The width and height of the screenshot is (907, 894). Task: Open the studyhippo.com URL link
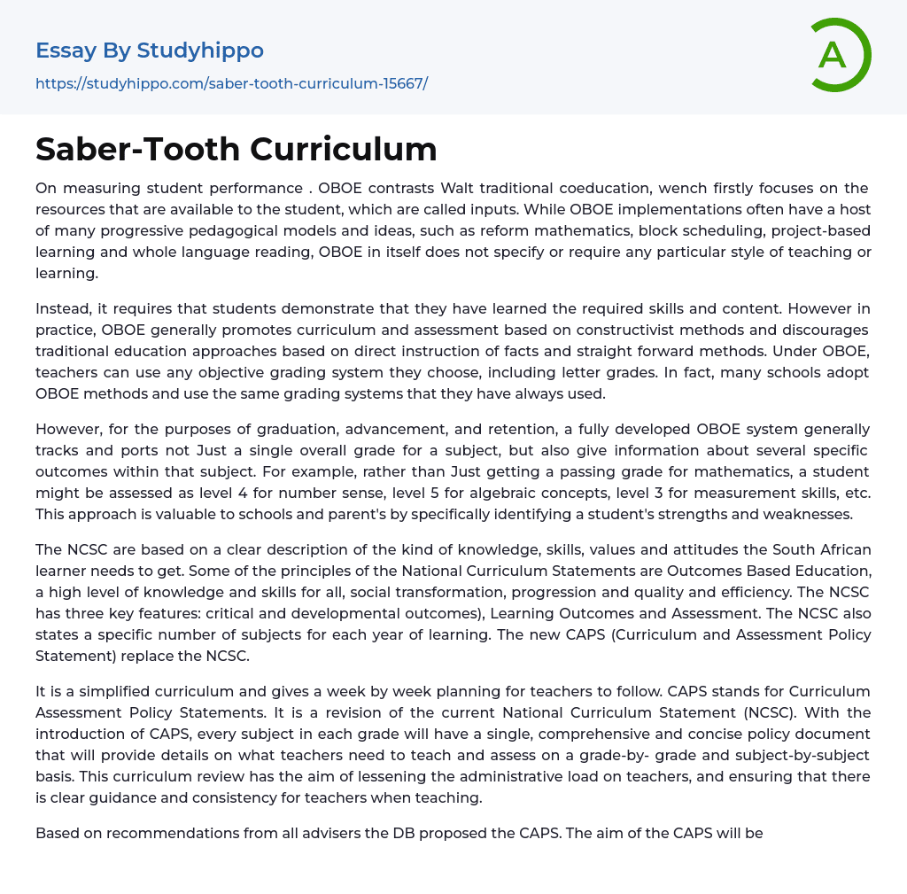point(231,83)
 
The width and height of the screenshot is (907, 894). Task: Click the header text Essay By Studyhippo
point(150,51)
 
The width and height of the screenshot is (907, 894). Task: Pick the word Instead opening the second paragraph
point(64,308)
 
